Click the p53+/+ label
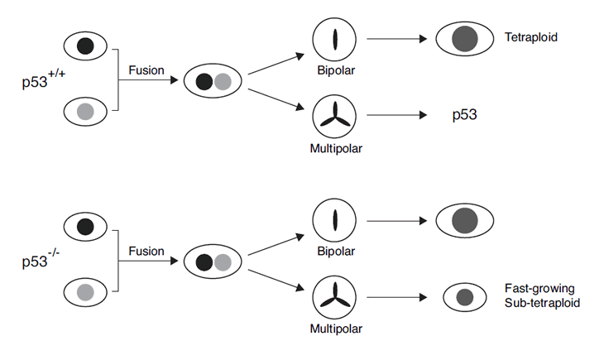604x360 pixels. click(44, 81)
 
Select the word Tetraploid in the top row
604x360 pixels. click(530, 37)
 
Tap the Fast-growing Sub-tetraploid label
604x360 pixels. click(539, 295)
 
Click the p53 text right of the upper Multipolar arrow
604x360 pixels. click(465, 115)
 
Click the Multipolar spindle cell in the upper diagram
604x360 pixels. click(334, 116)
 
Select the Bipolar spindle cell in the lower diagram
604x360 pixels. click(334, 220)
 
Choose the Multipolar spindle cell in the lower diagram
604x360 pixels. click(334, 296)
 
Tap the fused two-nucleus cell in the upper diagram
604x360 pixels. click(212, 81)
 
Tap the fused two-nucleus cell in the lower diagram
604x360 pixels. click(212, 262)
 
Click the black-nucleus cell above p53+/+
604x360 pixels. click(85, 46)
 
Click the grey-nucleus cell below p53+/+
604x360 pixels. click(85, 109)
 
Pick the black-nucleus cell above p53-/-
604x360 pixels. click(85, 226)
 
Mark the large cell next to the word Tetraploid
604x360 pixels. click(465, 39)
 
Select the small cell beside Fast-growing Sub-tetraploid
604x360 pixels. click(465, 296)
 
